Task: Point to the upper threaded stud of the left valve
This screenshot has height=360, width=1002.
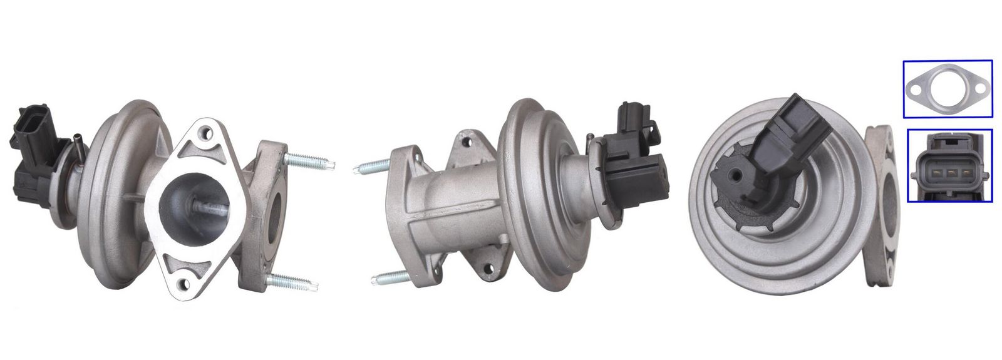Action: [x=311, y=162]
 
